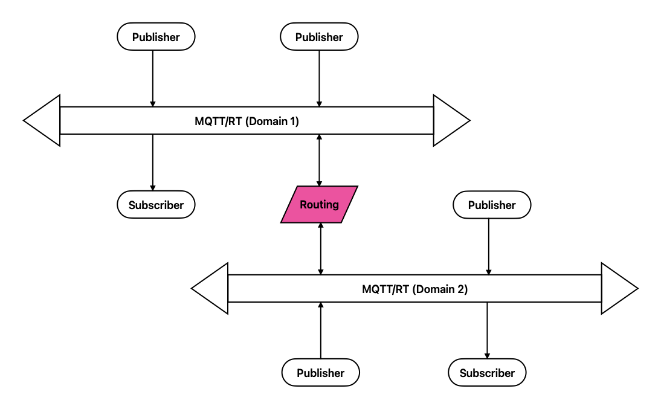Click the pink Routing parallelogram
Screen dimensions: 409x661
[x=319, y=204]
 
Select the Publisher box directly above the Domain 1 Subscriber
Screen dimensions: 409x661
[x=156, y=37]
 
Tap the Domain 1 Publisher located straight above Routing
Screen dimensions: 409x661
[x=319, y=37]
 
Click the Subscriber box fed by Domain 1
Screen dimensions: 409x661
[x=156, y=205]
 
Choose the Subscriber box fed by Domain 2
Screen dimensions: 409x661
[x=487, y=373]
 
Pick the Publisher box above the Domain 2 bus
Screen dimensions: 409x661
[x=492, y=205]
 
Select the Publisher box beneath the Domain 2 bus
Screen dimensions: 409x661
[x=320, y=373]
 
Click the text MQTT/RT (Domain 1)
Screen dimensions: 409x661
[x=247, y=121]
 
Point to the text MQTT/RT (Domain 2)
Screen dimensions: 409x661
[x=414, y=289]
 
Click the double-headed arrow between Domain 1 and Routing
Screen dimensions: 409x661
[x=319, y=159]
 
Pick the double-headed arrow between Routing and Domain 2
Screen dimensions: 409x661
[x=320, y=248]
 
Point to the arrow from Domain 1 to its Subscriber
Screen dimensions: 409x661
[x=152, y=162]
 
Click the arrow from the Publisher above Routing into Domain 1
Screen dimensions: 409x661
[x=319, y=78]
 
